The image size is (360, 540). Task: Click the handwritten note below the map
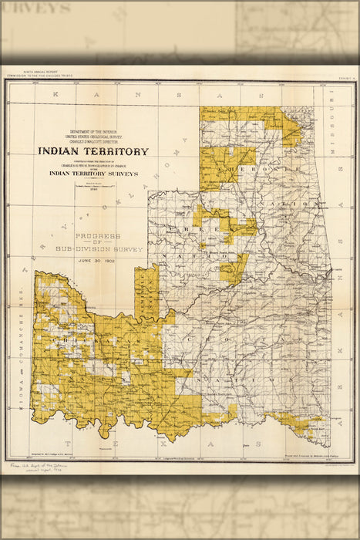tap(39, 469)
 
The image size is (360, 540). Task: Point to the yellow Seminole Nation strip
tap(146, 293)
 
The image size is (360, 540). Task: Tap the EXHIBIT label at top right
tap(344, 78)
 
